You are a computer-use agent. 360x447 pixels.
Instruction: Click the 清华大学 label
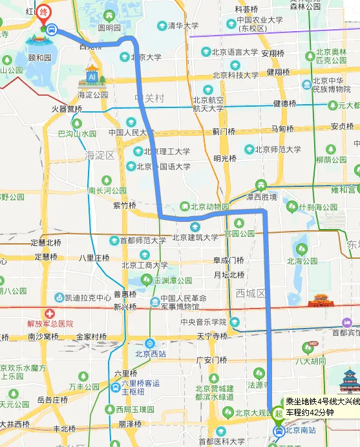pyautogui.click(x=183, y=26)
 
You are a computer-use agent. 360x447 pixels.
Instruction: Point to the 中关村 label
pyautogui.click(x=149, y=98)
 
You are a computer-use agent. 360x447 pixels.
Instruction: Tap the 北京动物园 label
pyautogui.click(x=209, y=207)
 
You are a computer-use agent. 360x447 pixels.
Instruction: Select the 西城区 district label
pyautogui.click(x=251, y=293)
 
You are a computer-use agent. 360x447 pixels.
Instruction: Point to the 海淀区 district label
pyautogui.click(x=100, y=155)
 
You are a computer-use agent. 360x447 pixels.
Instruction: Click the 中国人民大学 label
pyautogui.click(x=134, y=133)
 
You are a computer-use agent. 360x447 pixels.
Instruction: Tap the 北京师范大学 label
pyautogui.click(x=278, y=149)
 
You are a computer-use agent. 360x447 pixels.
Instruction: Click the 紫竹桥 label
pyautogui.click(x=124, y=206)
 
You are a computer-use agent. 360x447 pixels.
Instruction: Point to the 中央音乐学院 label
pyautogui.click(x=204, y=322)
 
